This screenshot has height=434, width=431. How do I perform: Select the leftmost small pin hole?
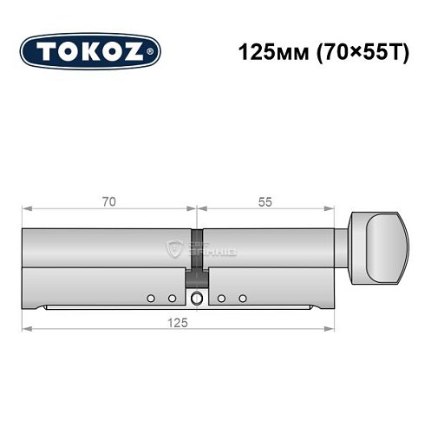[x=150, y=298]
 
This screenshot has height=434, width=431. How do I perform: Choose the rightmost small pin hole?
[x=243, y=298]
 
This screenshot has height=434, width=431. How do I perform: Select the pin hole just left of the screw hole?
[x=172, y=298]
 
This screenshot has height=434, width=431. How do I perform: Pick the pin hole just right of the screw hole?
[x=222, y=298]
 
